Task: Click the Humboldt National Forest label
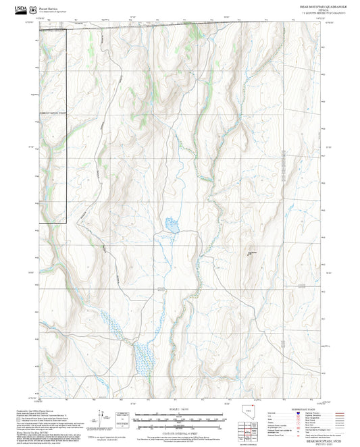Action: [x=53, y=113]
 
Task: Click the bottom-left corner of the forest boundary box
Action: [x=38, y=222]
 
